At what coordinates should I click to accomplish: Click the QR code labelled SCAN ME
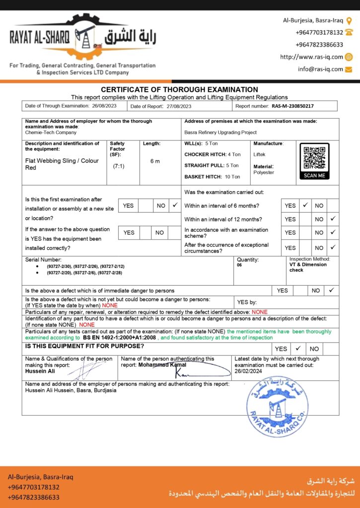[314, 158]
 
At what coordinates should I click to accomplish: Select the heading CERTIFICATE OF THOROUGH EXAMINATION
[180, 89]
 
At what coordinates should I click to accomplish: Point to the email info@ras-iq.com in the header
[320, 69]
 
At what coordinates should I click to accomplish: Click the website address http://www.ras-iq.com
[311, 57]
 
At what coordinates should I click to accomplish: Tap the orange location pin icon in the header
[349, 21]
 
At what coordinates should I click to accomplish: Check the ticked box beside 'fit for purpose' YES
[297, 349]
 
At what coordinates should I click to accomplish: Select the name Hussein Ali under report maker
[41, 371]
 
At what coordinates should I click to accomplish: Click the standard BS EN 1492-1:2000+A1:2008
[120, 337]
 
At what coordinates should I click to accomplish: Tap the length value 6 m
[155, 161]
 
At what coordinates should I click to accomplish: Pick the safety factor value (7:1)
[119, 166]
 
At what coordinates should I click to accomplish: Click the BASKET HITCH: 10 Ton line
[212, 177]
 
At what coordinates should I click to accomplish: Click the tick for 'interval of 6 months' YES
[305, 205]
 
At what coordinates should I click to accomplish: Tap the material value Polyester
[264, 172]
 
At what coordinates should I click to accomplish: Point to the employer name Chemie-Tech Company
[51, 132]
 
